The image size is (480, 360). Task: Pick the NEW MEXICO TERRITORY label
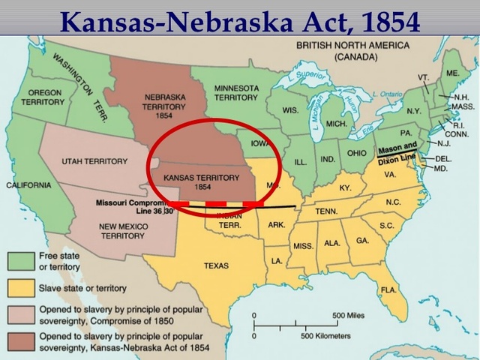[122, 230]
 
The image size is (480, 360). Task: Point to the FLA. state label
[388, 289]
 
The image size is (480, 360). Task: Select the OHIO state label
[357, 152]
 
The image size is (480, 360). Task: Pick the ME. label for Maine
[452, 73]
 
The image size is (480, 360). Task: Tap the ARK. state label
[276, 223]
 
